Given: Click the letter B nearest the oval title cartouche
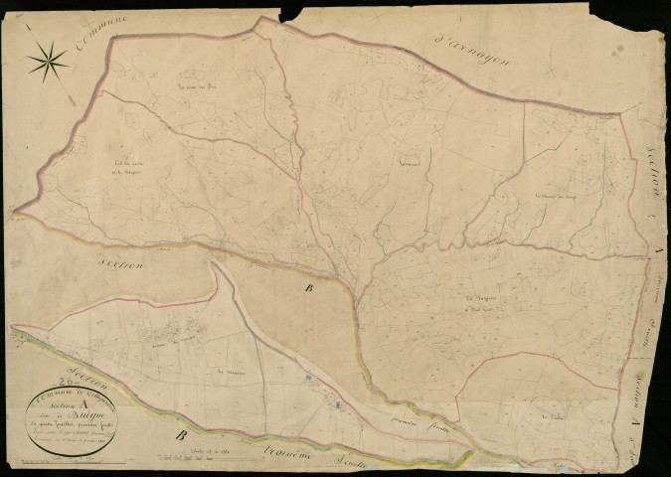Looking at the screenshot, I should click(182, 434).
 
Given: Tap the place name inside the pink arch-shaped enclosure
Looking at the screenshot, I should click(551, 417).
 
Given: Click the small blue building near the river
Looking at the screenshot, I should click(311, 379).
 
